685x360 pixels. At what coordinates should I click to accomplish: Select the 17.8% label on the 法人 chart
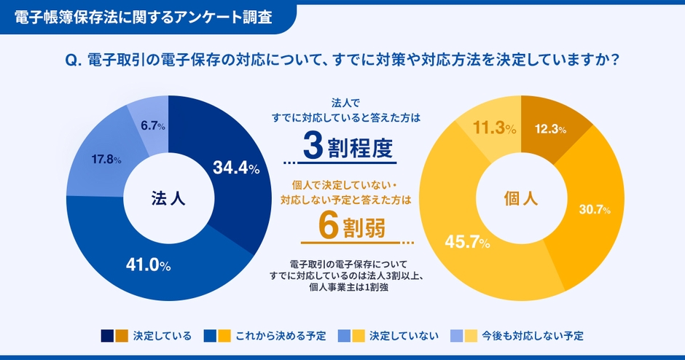[x=106, y=160]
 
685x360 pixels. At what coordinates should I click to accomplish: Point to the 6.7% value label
[x=153, y=126]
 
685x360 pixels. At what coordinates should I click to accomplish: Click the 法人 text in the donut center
[x=168, y=197]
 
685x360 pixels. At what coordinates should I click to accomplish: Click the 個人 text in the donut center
[x=520, y=197]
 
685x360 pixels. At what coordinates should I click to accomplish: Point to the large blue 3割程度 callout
[x=348, y=147]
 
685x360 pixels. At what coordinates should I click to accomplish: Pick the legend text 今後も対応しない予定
[x=532, y=336]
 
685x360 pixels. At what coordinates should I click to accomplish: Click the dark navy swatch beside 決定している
[x=107, y=336]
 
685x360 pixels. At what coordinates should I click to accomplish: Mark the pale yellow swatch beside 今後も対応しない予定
[x=471, y=336]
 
